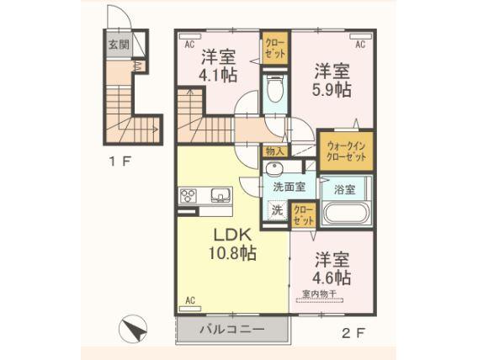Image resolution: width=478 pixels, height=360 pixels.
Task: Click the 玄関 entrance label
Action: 117,45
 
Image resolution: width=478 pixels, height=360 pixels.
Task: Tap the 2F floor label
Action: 355,332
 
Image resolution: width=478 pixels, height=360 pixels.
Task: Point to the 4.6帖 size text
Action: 332,276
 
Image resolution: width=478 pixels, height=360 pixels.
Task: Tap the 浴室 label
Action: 344,189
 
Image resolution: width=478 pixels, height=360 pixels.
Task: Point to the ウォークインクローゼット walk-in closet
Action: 346,151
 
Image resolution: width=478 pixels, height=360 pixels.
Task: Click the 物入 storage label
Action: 275,151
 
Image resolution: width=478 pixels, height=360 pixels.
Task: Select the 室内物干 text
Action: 319,294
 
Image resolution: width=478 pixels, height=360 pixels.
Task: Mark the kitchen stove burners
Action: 188,197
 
